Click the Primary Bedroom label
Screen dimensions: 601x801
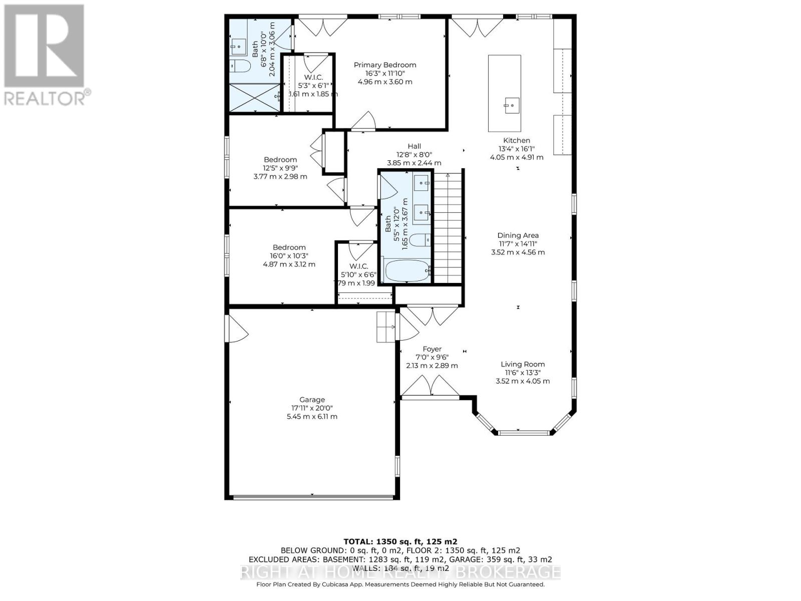[384, 65]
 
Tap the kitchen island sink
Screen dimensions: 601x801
[512, 106]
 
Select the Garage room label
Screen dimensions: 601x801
[312, 400]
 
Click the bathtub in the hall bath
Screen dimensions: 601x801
[407, 271]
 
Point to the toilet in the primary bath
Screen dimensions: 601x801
[240, 66]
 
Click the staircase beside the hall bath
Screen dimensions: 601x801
[447, 228]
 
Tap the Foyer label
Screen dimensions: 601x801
[432, 349]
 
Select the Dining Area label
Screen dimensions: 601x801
[518, 235]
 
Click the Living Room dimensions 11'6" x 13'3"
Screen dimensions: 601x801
[523, 373]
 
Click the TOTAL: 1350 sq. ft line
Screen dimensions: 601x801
[400, 541]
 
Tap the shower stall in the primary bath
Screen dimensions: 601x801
[254, 98]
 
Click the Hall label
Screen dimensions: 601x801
[414, 146]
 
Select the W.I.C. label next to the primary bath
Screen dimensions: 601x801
[313, 77]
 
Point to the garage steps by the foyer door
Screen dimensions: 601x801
[386, 327]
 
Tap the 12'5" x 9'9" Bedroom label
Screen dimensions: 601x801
[280, 160]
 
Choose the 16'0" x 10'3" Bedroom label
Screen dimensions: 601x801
[289, 247]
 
